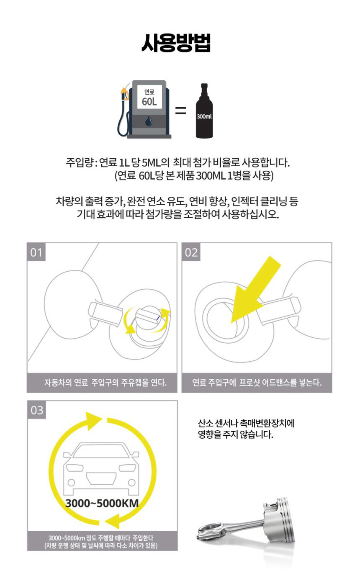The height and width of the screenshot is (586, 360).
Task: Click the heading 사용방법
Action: tap(176, 43)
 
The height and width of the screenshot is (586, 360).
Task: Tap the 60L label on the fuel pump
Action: tap(149, 101)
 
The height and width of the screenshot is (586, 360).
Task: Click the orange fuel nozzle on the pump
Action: tap(124, 93)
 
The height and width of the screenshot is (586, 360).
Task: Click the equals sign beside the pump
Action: tap(180, 110)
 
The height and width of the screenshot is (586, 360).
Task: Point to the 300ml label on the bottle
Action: tap(204, 116)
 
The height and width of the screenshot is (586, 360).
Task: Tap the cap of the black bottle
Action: tap(204, 87)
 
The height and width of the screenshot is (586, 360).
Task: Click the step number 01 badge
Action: tap(36, 252)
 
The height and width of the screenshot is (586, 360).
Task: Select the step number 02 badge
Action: tap(191, 252)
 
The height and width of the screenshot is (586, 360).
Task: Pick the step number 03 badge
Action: tap(37, 410)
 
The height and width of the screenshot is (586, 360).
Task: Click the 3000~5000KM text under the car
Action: tap(102, 503)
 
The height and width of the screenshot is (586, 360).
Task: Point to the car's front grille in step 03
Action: tap(101, 478)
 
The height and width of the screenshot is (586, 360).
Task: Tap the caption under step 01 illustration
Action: tap(105, 383)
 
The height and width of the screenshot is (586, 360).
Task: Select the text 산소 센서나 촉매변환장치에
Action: tap(246, 423)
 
